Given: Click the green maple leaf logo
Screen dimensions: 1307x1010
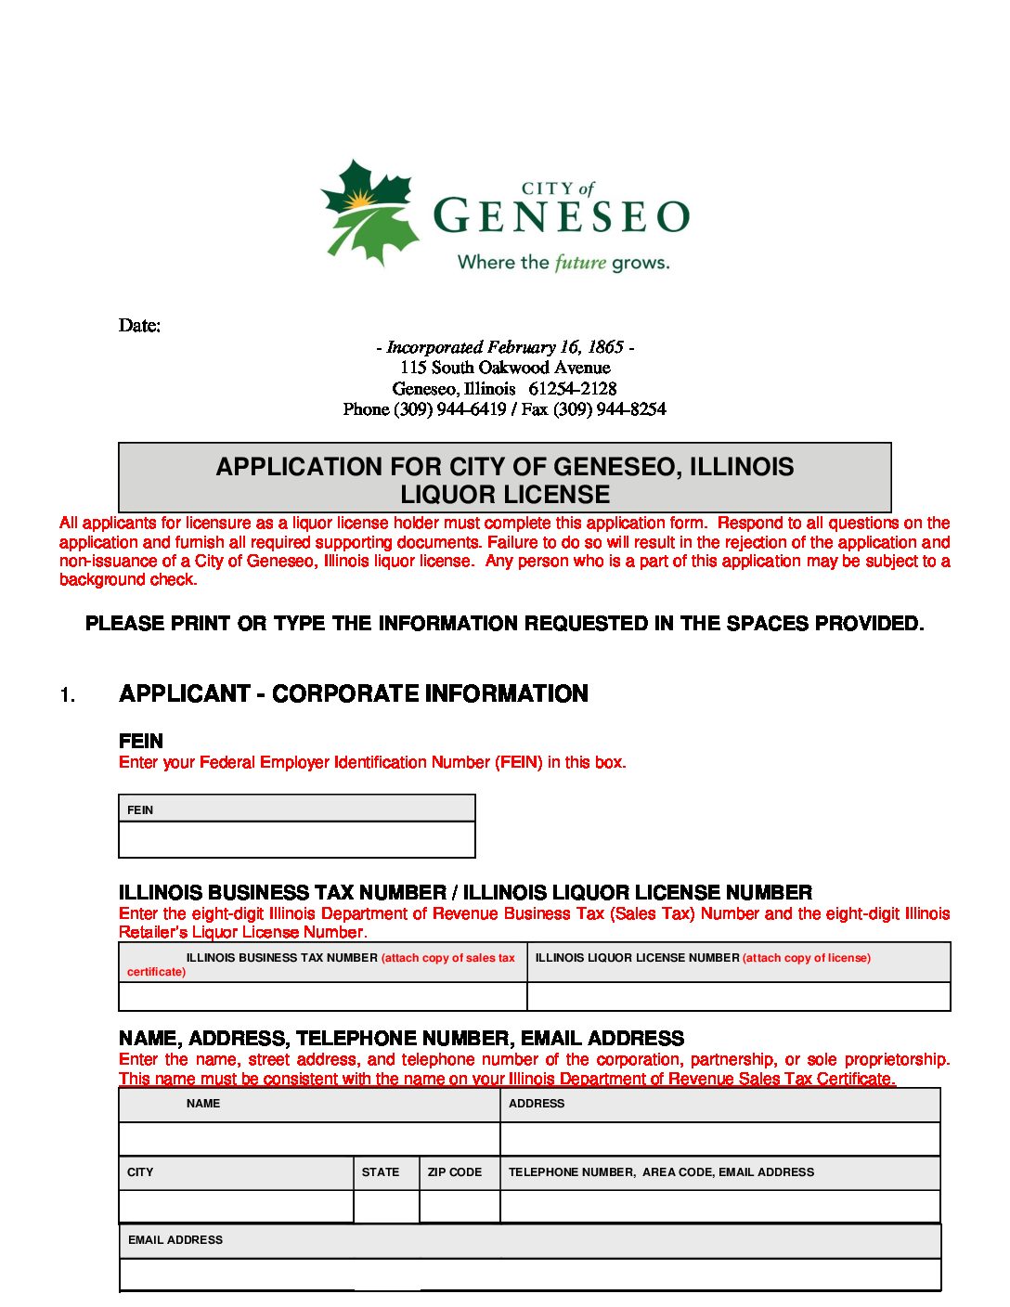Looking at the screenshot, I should tap(369, 212).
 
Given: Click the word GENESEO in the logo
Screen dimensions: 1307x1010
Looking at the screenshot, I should tap(562, 216).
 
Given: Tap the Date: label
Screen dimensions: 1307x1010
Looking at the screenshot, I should tap(139, 325).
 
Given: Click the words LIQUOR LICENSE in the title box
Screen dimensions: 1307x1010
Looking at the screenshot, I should tap(505, 495).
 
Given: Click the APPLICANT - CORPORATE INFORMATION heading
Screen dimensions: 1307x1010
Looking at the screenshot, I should tap(354, 694).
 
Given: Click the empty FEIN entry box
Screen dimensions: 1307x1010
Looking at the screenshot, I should tap(297, 840).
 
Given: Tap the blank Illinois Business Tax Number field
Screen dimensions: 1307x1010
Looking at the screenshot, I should tap(323, 996).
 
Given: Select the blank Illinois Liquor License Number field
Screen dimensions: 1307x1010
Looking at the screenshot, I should tap(739, 996).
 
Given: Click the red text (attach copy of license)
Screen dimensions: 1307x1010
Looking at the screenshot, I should tap(807, 958).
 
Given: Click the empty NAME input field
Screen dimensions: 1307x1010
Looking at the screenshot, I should tap(309, 1139).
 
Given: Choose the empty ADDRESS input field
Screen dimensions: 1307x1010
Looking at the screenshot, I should tap(720, 1139).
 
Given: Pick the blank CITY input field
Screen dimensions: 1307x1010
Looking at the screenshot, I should tap(236, 1207).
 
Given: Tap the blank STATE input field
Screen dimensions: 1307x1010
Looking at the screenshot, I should tap(386, 1207).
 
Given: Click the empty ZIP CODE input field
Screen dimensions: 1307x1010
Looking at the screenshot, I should tap(460, 1207).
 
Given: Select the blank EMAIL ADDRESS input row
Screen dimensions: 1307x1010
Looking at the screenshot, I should tap(530, 1275).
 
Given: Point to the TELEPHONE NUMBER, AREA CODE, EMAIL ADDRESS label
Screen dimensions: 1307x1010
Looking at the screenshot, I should tap(661, 1172).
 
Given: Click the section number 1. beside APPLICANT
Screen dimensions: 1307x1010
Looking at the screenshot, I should tap(68, 695).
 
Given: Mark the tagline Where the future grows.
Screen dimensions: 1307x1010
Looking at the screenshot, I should tap(563, 263).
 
